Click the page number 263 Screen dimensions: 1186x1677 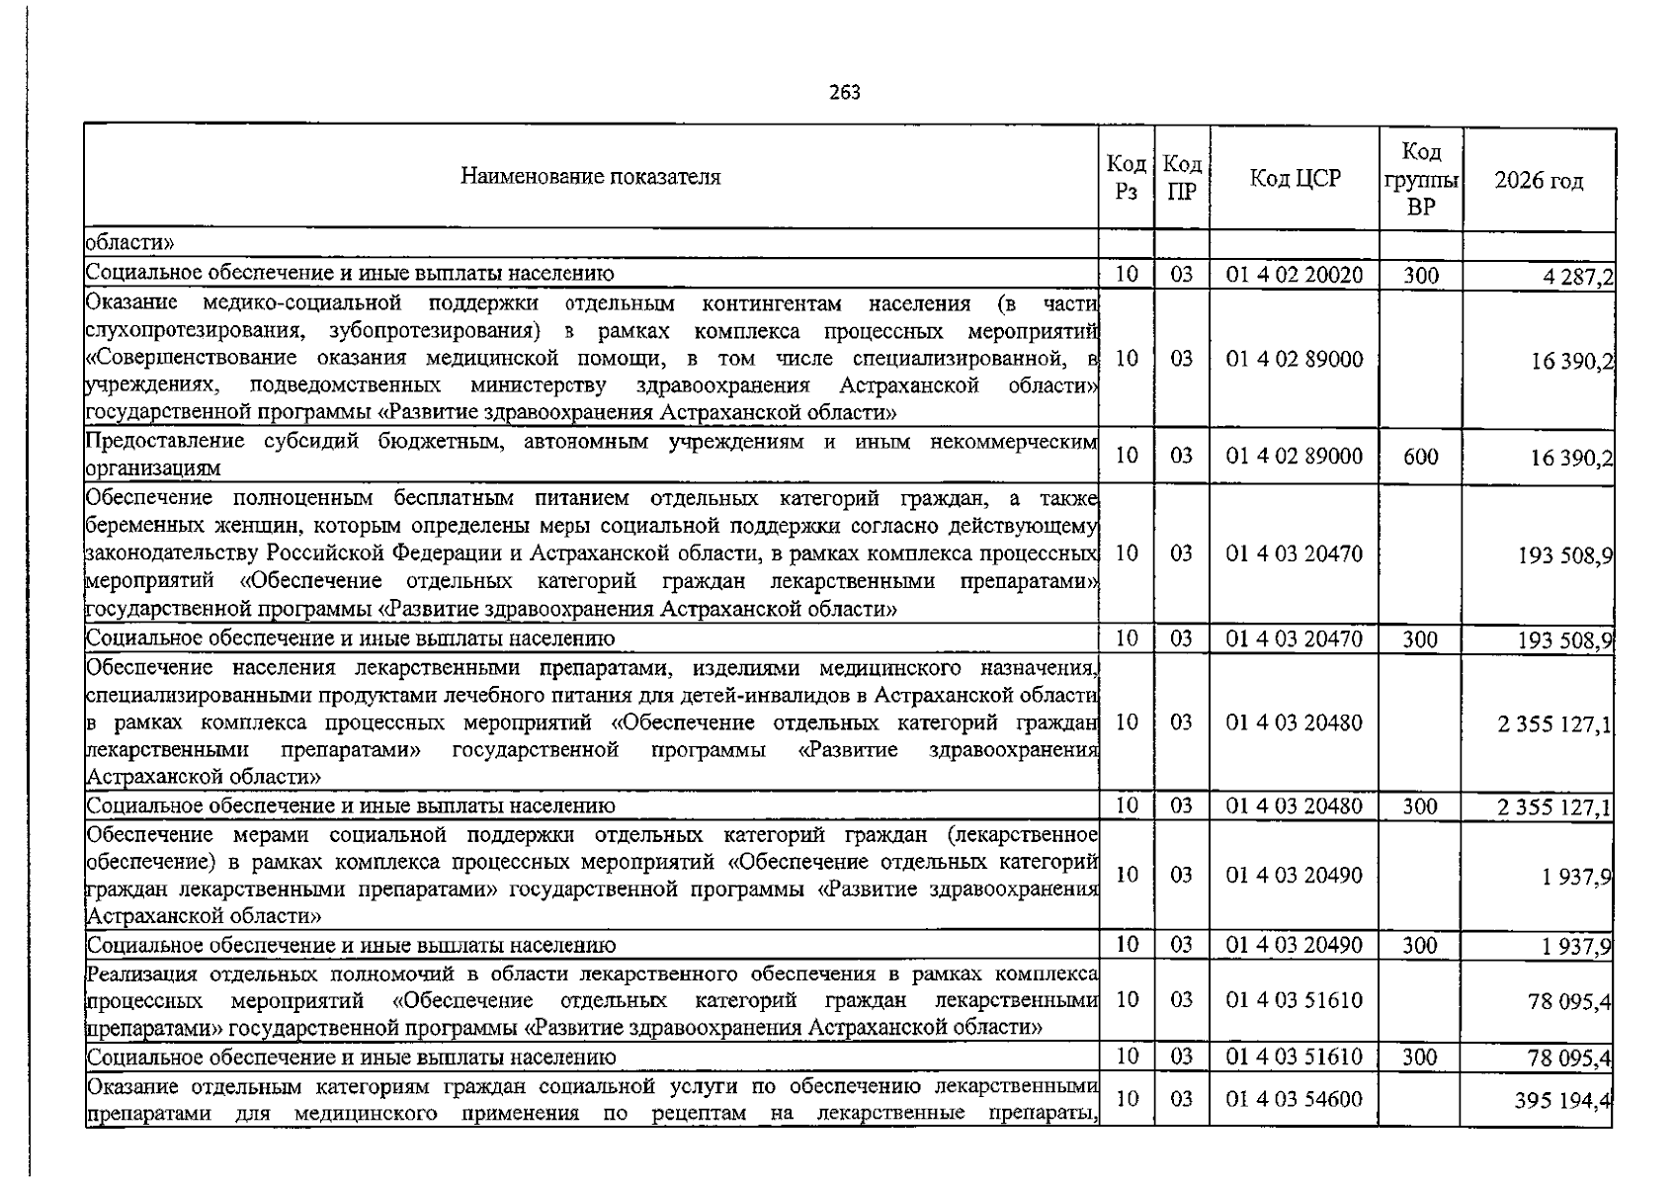pyautogui.click(x=845, y=93)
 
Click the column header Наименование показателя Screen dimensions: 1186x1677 pyautogui.click(x=590, y=178)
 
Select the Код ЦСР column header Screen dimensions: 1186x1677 pyautogui.click(x=1295, y=179)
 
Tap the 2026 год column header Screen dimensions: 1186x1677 pyautogui.click(x=1538, y=181)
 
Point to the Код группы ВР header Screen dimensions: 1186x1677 pyautogui.click(x=1420, y=179)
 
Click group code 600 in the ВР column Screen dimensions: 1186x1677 pyautogui.click(x=1420, y=457)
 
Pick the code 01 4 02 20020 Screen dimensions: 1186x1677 pyautogui.click(x=1294, y=275)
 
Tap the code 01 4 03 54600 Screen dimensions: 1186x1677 pyautogui.click(x=1294, y=1099)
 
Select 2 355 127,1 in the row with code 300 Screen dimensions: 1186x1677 pyautogui.click(x=1554, y=808)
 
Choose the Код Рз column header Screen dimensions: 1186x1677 pyautogui.click(x=1126, y=179)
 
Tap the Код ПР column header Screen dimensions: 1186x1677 pyautogui.click(x=1181, y=179)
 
